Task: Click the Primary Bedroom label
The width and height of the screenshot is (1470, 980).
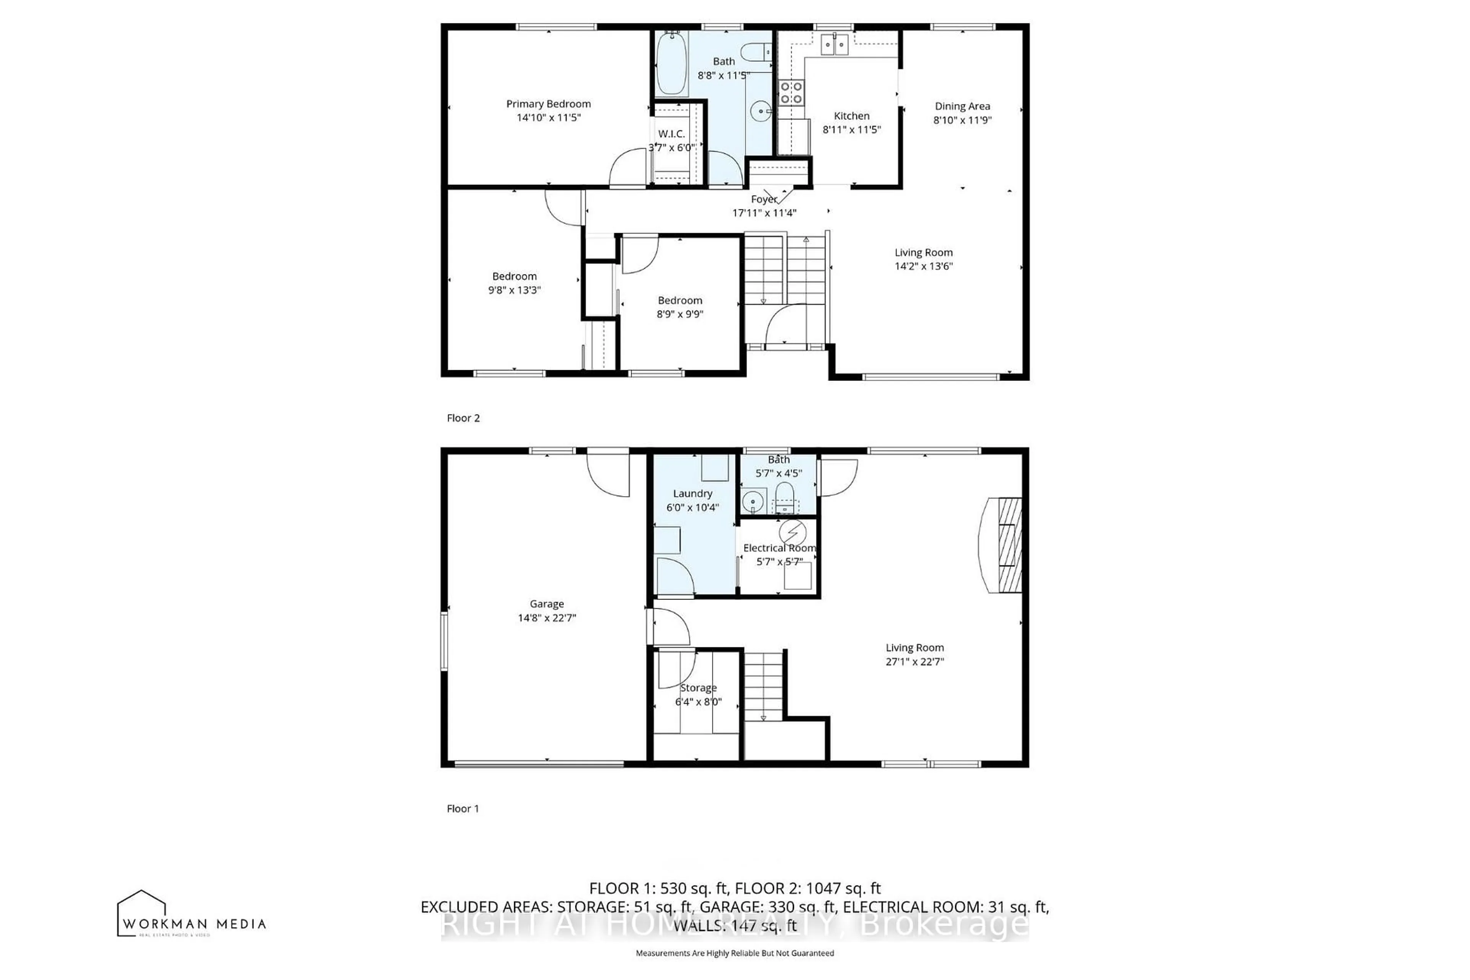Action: (x=548, y=104)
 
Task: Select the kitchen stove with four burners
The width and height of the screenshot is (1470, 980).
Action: (x=791, y=93)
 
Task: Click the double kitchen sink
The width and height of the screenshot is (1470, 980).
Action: (x=834, y=44)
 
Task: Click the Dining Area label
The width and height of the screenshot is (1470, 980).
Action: (x=962, y=106)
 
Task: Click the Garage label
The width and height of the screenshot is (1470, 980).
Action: (x=547, y=604)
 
